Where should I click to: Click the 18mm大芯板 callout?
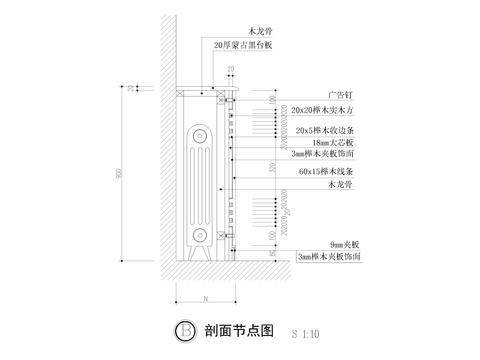(x=311, y=143)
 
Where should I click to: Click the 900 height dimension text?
(x=116, y=177)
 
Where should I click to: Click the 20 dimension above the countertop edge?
(x=229, y=69)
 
